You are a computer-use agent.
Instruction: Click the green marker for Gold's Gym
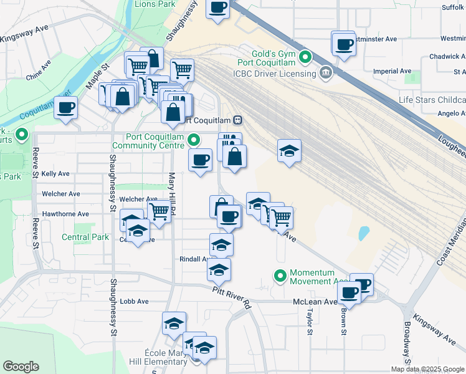(305, 58)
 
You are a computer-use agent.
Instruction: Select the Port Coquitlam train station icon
(237, 120)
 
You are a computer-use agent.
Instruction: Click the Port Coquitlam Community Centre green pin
(194, 141)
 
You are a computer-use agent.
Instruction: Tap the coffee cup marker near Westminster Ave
(343, 44)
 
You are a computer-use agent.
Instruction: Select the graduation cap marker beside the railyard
(288, 151)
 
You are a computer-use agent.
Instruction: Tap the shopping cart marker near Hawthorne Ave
(159, 211)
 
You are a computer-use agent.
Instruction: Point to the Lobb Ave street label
(135, 301)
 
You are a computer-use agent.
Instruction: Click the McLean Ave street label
(315, 302)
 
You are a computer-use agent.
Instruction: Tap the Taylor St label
(309, 323)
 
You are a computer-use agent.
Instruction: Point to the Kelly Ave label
(55, 173)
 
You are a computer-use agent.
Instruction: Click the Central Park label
(85, 237)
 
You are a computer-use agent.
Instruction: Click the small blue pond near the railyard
(363, 234)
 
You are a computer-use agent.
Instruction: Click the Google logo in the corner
(21, 367)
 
